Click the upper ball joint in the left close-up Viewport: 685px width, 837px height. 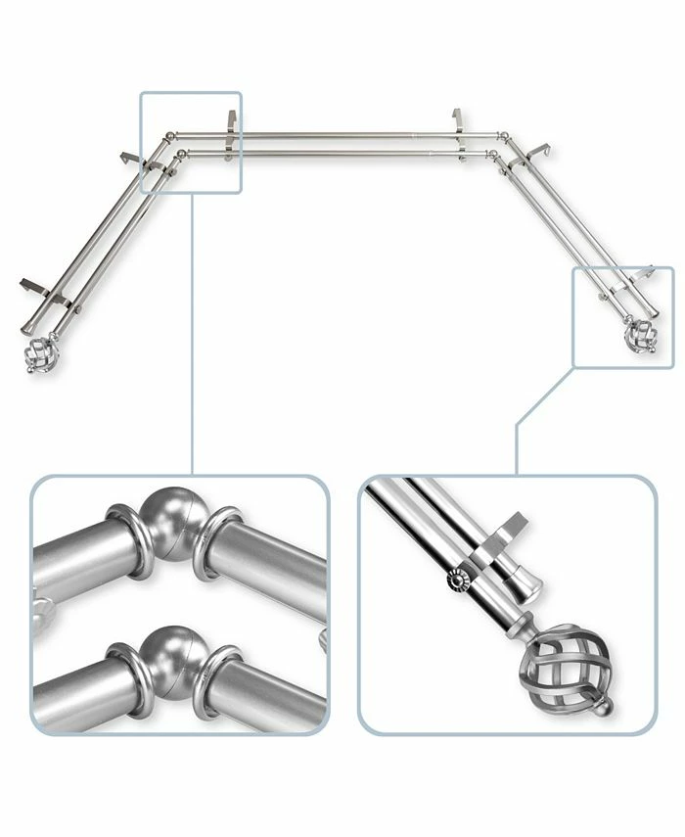pos(167,517)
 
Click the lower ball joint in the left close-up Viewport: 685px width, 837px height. pos(168,647)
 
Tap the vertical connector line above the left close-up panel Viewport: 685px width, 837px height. pos(192,333)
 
